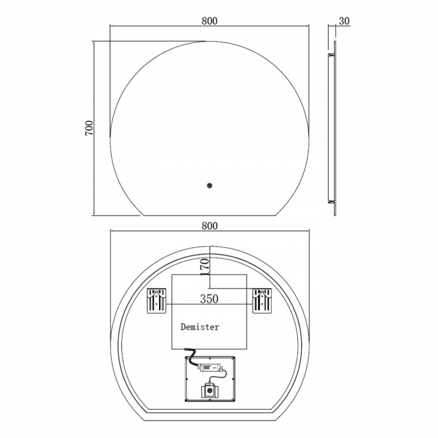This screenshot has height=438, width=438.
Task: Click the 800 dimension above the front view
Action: pos(209,20)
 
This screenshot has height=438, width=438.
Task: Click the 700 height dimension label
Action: pos(89,128)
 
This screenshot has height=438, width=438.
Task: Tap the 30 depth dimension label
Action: pos(344,20)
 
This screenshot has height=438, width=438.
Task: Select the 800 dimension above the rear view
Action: pos(209,226)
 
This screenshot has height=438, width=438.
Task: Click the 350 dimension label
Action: pos(209,298)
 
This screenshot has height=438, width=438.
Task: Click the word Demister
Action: pos(199,327)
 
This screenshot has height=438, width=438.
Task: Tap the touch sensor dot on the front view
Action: pos(210,185)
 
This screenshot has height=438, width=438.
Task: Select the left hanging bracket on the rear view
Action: pos(157,301)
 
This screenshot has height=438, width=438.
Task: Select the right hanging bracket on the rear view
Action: pos(262,301)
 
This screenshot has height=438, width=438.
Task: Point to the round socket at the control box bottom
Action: pos(210,391)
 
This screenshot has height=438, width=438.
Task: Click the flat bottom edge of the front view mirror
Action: pos(210,216)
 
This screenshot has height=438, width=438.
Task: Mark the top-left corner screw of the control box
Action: pos(187,359)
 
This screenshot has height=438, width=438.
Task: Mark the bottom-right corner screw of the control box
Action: pos(232,400)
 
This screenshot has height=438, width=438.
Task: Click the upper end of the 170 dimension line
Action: pos(210,249)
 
